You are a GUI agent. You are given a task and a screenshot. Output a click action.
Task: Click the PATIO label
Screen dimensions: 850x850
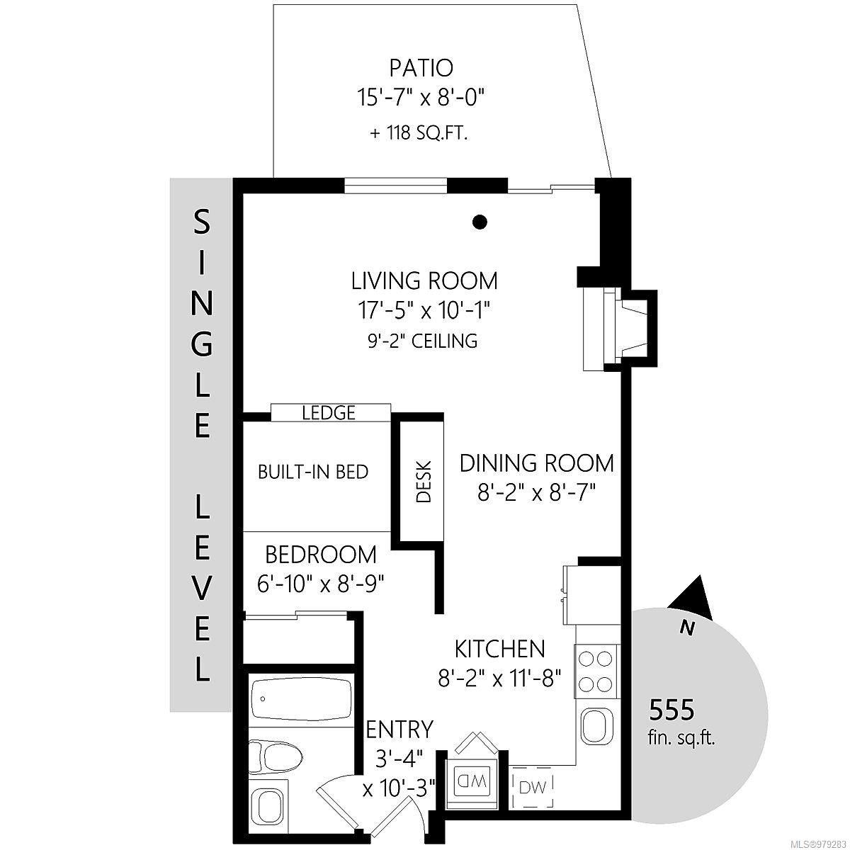(x=421, y=68)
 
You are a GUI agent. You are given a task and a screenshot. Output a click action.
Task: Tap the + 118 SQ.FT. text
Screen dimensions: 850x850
(x=419, y=132)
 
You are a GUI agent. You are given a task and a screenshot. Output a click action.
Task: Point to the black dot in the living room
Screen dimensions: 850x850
(x=480, y=222)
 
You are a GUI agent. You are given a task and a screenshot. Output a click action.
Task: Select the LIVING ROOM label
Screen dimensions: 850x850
(x=424, y=280)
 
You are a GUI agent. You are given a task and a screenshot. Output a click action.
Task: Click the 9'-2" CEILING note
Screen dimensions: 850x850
(x=423, y=341)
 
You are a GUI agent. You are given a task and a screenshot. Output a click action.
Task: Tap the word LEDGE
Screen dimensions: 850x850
(x=329, y=413)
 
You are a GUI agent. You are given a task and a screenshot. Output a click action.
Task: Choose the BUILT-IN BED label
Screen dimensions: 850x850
(x=313, y=472)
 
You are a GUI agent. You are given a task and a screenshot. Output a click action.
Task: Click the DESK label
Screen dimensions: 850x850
(x=424, y=482)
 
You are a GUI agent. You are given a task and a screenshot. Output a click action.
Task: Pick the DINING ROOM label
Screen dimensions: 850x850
(x=536, y=463)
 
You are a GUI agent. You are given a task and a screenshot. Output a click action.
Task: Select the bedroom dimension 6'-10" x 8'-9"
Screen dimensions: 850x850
(x=321, y=585)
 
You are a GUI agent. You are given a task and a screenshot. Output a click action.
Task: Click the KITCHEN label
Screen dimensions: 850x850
(x=500, y=649)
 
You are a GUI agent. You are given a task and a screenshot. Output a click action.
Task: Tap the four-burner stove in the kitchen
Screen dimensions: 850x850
(x=596, y=671)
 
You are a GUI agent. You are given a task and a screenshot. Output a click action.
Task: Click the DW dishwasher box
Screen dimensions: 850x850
(x=533, y=788)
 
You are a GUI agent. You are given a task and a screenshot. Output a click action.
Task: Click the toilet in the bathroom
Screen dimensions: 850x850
(x=276, y=759)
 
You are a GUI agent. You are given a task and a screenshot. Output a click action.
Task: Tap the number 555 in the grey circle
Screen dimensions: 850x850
(x=671, y=710)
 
